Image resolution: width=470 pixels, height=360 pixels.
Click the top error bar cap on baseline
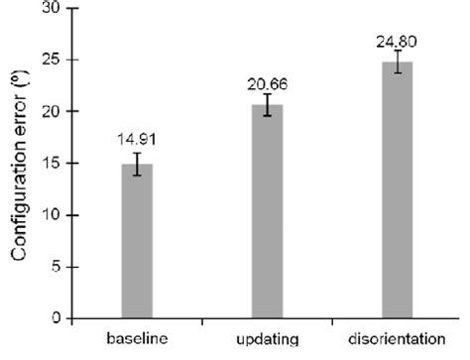pos(137,153)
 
